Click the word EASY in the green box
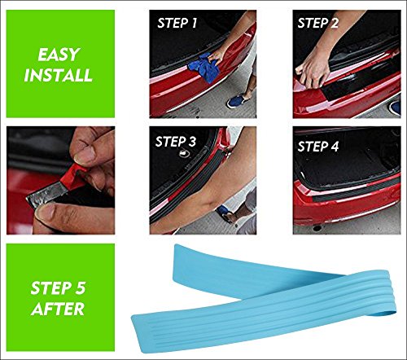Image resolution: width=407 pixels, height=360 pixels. point(59,55)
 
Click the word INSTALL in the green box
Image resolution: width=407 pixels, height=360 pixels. point(59,75)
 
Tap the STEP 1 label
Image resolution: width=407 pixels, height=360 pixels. point(177,23)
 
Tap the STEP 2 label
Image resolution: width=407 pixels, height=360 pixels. point(318,23)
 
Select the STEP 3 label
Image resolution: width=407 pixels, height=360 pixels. point(176,142)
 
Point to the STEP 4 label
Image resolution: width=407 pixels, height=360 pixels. point(318,147)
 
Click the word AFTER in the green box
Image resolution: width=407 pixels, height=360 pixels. point(58,309)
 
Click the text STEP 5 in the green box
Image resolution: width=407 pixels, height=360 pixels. point(58,288)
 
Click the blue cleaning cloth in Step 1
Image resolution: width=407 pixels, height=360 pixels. point(203,68)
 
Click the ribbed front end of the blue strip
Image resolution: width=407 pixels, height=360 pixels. point(144,332)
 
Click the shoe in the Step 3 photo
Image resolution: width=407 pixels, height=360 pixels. point(226,213)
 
